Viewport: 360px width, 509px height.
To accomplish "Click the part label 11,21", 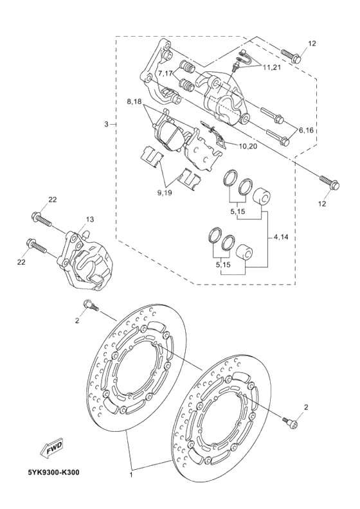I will (x=271, y=67).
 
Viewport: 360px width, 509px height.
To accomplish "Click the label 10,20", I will (x=248, y=147).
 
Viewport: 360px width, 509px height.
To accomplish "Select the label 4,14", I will (x=281, y=237).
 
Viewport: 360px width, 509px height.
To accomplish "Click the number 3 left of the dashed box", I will (x=107, y=123).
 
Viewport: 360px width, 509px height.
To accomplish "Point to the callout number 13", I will (x=90, y=220).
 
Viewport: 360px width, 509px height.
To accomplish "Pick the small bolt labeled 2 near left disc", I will (x=90, y=307).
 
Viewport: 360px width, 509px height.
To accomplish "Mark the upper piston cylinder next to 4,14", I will (x=260, y=196).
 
